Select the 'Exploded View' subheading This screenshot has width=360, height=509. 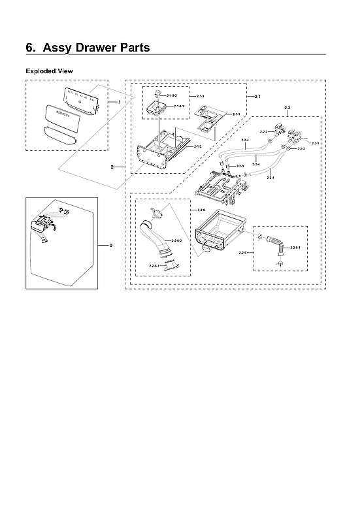(x=48, y=70)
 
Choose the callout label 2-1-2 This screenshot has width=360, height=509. (x=198, y=146)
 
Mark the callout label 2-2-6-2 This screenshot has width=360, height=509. (x=177, y=240)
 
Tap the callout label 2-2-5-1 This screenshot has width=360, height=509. (x=296, y=248)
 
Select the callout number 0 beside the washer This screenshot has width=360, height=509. (x=110, y=245)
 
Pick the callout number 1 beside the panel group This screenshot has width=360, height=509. (x=120, y=103)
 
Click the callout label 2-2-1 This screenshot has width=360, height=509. (x=316, y=142)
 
